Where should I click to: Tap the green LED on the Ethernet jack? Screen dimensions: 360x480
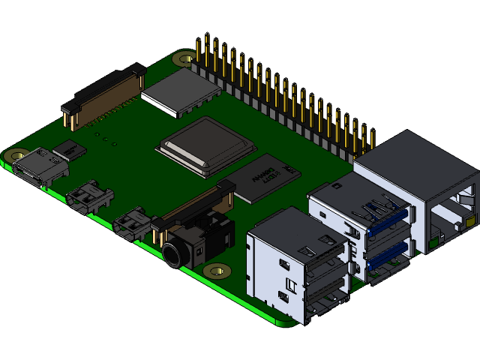[434, 242]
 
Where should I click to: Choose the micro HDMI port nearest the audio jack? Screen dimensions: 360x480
[133, 223]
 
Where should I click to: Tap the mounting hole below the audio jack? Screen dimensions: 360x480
[217, 271]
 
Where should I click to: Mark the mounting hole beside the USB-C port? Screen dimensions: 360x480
[16, 156]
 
